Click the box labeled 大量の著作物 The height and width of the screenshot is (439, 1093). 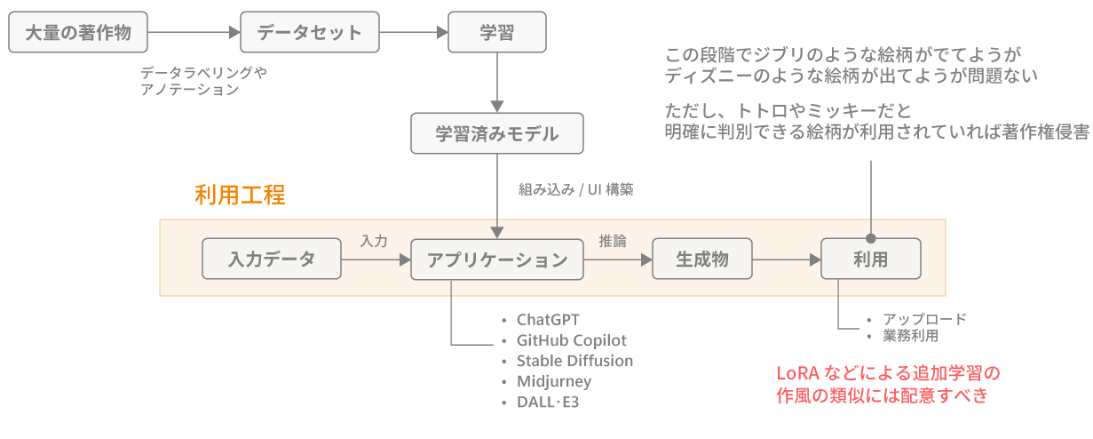79,33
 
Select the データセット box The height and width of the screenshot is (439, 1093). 310,33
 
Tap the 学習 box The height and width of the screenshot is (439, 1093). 496,33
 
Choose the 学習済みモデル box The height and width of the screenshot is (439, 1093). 497,134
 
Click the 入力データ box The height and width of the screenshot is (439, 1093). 272,259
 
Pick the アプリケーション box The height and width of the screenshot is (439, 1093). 497,259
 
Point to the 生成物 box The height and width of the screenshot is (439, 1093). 702,259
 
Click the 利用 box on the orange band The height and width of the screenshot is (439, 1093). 871,259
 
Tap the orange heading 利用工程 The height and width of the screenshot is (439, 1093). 240,196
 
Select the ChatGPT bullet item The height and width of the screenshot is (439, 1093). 548,319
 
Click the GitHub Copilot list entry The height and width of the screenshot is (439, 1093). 572,340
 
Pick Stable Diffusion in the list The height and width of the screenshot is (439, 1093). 574,361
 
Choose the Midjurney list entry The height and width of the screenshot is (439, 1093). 554,381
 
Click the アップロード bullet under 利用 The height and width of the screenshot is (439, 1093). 924,319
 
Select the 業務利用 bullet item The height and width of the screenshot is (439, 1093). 910,336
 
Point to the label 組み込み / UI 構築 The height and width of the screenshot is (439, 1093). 576,189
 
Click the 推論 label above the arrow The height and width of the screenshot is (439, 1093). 613,241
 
